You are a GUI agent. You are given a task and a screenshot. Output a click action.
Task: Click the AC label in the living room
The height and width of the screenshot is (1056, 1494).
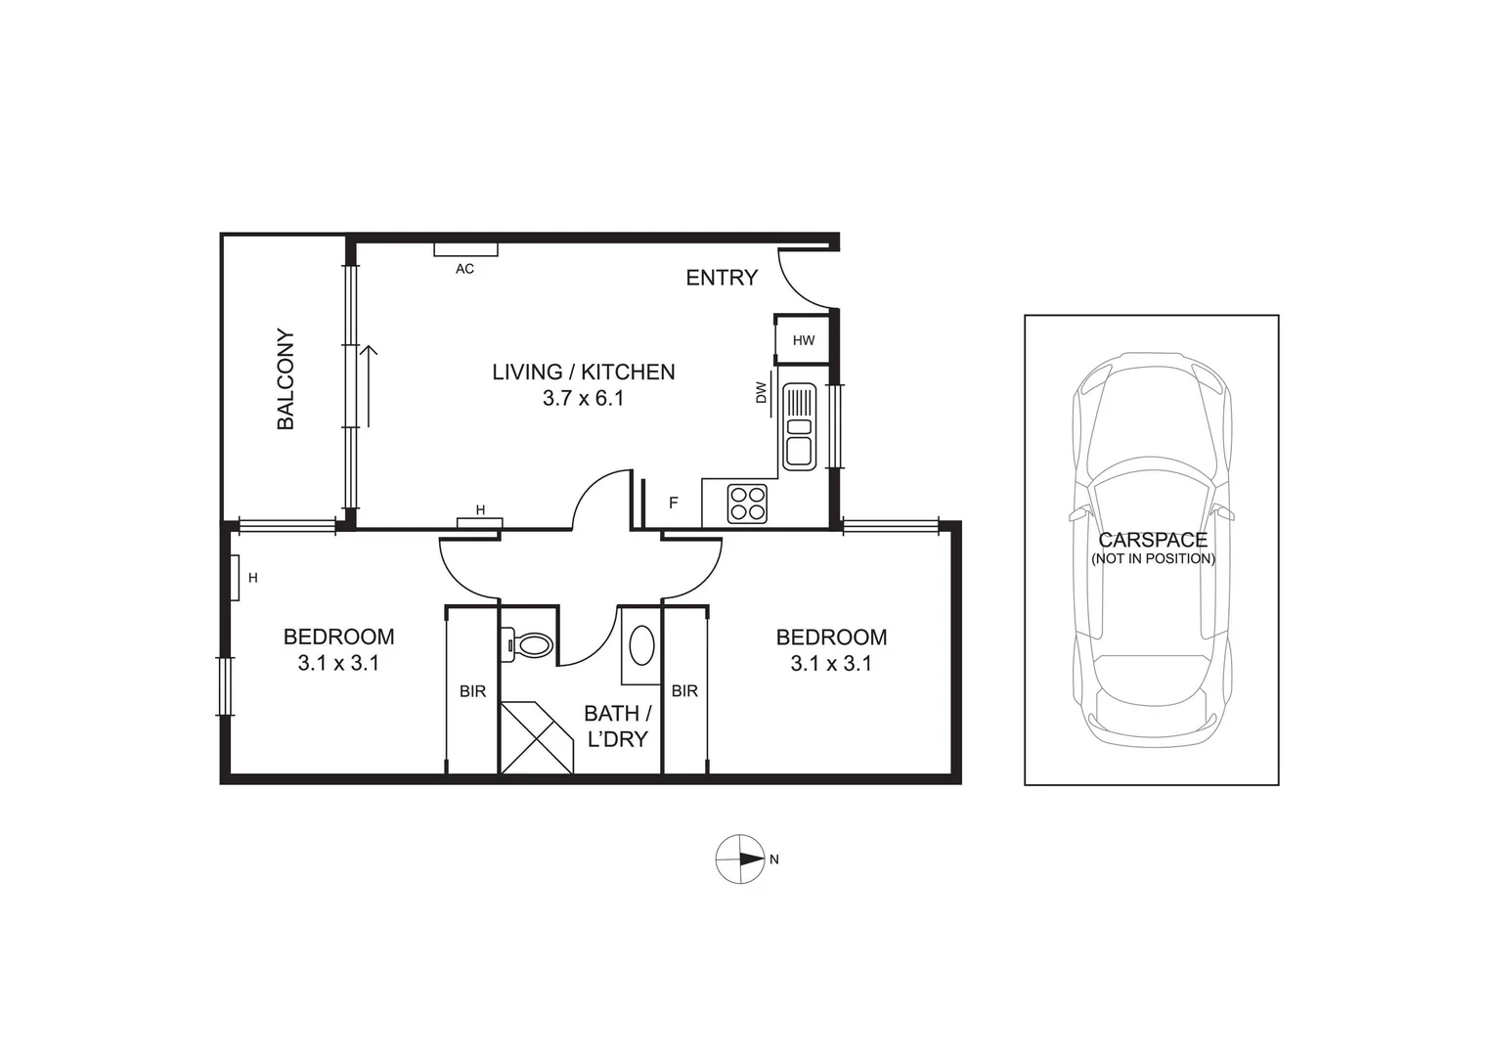coord(464,268)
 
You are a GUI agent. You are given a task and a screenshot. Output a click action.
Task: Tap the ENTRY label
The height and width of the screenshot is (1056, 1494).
coord(722,278)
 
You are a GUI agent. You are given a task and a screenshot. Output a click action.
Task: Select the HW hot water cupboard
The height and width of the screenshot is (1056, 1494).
coord(803,340)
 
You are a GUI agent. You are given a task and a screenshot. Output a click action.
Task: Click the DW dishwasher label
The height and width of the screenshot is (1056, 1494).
coord(761,393)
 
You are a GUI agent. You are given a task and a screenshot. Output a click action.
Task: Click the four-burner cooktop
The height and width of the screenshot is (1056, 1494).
coord(747,504)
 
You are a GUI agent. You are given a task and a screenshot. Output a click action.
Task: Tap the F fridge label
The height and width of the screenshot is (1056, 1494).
coord(673,504)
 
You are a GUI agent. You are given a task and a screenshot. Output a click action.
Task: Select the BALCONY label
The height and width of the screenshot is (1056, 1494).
coord(286,379)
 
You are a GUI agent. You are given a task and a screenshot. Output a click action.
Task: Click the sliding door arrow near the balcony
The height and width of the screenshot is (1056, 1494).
coord(370,385)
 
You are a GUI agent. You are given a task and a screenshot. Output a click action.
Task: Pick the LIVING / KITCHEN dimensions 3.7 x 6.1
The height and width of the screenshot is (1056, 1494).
coord(583,398)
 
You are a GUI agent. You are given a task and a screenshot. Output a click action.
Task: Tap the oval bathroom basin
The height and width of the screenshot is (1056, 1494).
coord(641,645)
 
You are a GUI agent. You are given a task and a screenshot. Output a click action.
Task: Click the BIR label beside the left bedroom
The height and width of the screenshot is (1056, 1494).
coord(472,691)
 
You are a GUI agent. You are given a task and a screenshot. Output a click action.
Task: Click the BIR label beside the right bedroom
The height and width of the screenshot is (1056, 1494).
coord(684,691)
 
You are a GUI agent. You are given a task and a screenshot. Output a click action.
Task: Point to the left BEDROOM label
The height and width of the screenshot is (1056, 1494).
coord(338,637)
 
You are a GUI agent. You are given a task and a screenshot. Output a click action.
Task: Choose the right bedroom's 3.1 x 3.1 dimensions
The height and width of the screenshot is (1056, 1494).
coord(831,663)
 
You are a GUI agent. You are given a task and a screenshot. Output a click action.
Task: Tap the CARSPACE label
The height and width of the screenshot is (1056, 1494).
coord(1153,540)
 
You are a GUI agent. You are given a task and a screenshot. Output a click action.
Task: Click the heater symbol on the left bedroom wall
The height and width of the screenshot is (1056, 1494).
coord(235,578)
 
